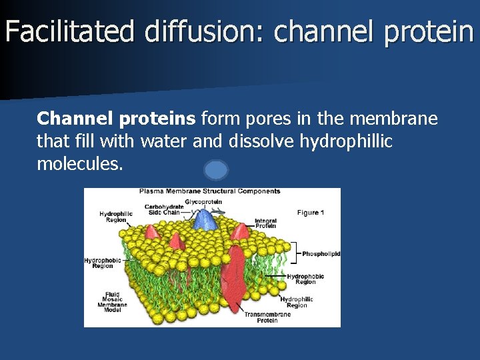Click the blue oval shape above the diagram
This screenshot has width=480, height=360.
[216, 170]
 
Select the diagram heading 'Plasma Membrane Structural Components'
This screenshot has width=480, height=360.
[209, 191]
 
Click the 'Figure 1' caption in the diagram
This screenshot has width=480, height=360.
[310, 213]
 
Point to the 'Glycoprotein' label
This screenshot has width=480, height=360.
[203, 201]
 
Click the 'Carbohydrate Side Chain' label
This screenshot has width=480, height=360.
[164, 209]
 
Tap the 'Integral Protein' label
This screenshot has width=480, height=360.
[265, 223]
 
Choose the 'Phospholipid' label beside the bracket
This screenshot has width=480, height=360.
[321, 253]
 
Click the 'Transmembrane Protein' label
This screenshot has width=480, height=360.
[267, 317]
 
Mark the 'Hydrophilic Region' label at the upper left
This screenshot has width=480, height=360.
[116, 217]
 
